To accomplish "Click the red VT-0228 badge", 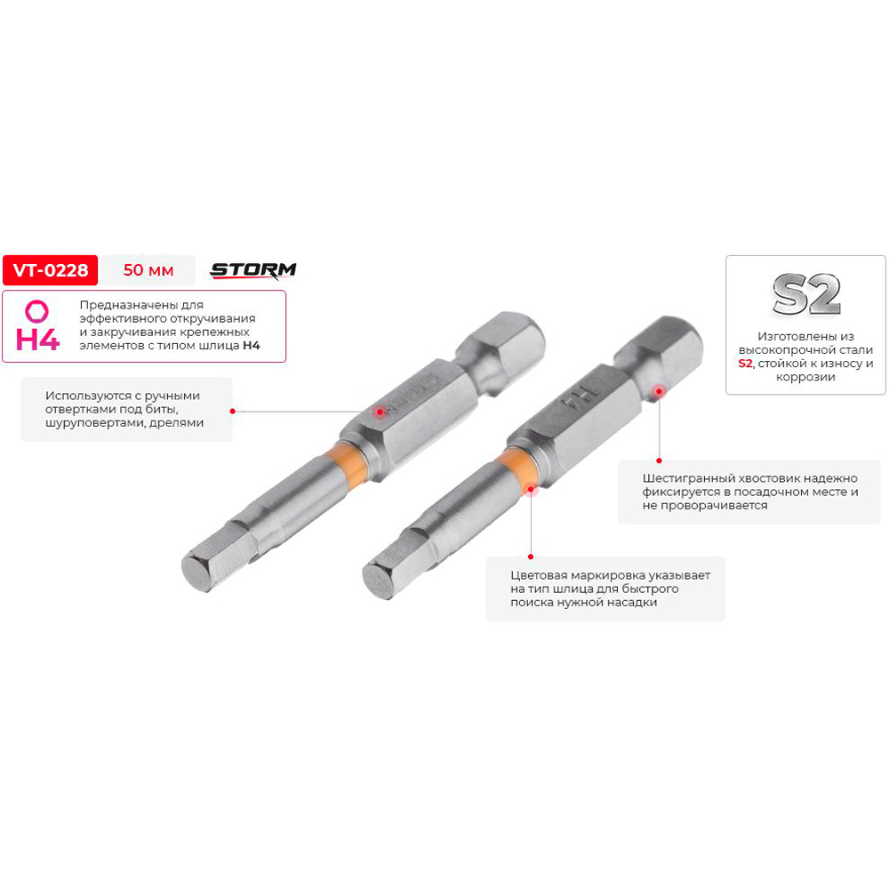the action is [50, 270].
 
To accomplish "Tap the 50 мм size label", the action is [148, 270].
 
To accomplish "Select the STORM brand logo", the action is [252, 271].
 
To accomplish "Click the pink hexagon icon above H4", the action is [36, 311].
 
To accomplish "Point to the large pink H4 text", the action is [37, 339].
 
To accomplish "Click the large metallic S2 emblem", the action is [805, 294].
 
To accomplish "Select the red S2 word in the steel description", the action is [745, 364].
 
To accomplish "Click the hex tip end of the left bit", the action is [197, 571].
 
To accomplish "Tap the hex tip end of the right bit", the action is [378, 580].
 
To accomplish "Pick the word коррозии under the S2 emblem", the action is [805, 377].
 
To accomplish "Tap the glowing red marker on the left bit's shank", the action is [380, 411].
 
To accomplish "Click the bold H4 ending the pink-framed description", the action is [252, 345].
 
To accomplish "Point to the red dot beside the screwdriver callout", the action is [232, 411].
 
